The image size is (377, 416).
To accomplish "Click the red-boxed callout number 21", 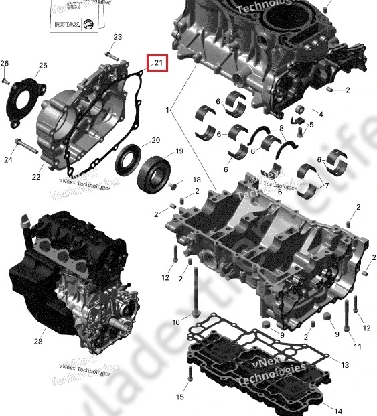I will tap(159, 63).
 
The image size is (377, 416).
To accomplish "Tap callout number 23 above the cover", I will tap(118, 36).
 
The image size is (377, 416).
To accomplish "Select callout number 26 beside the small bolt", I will tap(4, 64).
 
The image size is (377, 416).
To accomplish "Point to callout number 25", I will tap(43, 66).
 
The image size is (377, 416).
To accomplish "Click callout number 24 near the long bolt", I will tap(9, 159).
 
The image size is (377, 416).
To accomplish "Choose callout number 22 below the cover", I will tap(36, 177).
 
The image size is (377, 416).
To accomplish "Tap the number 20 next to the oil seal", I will tap(155, 141).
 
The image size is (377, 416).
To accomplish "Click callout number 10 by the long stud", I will tap(176, 322).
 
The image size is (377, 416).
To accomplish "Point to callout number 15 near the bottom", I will tap(179, 397).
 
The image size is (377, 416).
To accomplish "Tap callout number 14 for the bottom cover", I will tap(338, 411).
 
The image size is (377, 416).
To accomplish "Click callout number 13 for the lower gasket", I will tap(345, 365).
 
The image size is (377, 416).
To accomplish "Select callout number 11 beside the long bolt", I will tap(358, 346).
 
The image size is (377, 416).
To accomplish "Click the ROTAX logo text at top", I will tap(72, 24).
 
